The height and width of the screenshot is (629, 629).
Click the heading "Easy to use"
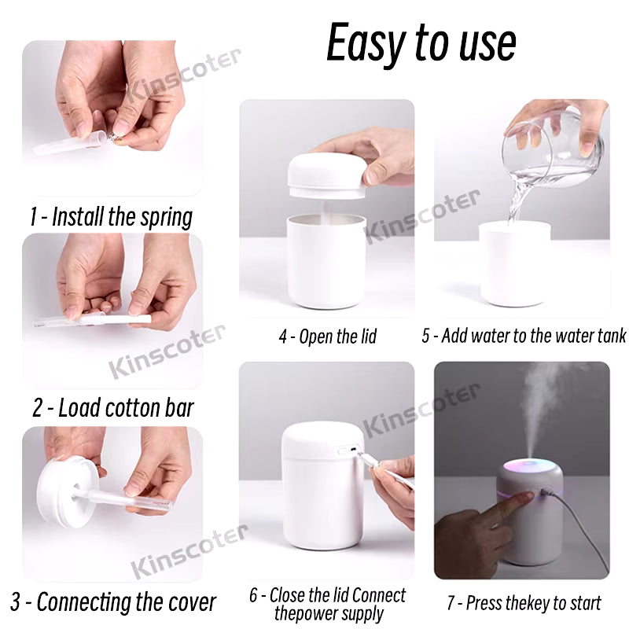pos(421,42)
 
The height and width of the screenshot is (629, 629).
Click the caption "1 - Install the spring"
pos(111,217)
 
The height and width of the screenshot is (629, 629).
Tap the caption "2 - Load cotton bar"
pos(113,407)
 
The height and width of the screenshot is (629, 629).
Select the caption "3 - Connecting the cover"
pos(113,602)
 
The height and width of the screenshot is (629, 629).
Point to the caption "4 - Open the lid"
pos(328,337)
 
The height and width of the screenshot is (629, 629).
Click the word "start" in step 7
pos(583,603)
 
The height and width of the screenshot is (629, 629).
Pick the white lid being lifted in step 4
pos(327,176)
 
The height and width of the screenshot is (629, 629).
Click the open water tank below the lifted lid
pos(326,261)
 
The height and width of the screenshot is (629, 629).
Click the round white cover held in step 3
pos(67,492)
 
